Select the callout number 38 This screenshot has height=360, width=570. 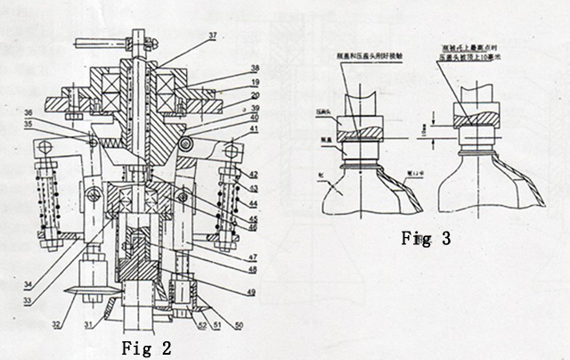point(230,68)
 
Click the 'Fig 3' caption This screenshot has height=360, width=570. point(424,239)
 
